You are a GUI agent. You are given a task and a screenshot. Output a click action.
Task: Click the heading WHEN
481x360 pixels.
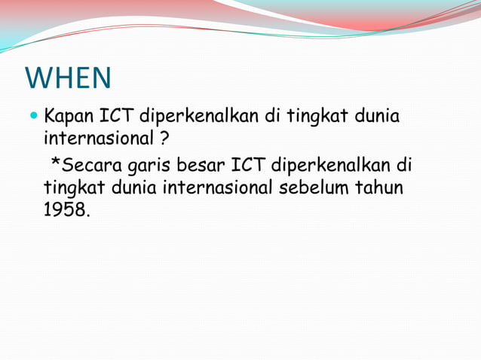pyautogui.click(x=69, y=77)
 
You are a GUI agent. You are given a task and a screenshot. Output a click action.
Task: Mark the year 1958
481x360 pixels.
pyautogui.click(x=66, y=209)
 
